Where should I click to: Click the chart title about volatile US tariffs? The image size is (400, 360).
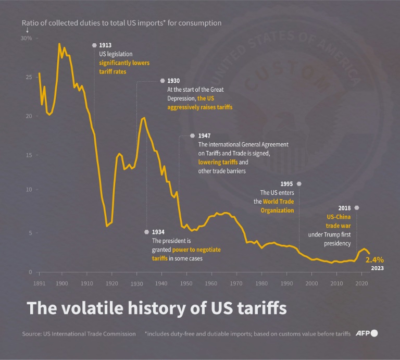(x=157, y=307)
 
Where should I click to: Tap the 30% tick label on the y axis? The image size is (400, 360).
(x=26, y=39)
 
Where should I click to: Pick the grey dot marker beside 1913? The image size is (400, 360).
(x=94, y=45)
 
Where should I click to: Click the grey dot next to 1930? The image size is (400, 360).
(x=162, y=81)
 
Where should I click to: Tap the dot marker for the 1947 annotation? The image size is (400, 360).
(x=192, y=135)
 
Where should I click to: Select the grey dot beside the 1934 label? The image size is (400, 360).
(x=146, y=232)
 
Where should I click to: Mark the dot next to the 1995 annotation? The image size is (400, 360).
(x=299, y=184)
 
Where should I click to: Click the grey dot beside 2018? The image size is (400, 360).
(x=356, y=208)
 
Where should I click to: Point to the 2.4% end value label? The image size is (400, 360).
(x=375, y=259)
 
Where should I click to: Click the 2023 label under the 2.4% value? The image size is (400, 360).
(x=378, y=268)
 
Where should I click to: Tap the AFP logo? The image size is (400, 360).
(x=367, y=333)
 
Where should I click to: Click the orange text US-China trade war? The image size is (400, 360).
(x=339, y=221)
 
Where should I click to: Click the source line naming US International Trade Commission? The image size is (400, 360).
(x=79, y=334)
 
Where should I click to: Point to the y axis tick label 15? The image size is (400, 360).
(x=29, y=155)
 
